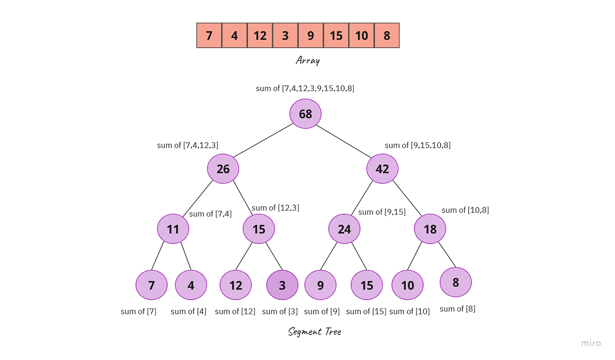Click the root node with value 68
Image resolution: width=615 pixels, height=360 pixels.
pyautogui.click(x=306, y=114)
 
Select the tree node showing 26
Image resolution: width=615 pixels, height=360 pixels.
pyautogui.click(x=223, y=169)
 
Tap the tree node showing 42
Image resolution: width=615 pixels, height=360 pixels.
pyautogui.click(x=382, y=169)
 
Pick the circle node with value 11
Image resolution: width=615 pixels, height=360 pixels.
pyautogui.click(x=173, y=229)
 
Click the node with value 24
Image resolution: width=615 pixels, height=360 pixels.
pyautogui.click(x=344, y=229)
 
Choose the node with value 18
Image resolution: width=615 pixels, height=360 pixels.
pyautogui.click(x=430, y=229)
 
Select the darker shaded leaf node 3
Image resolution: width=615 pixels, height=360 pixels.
pyautogui.click(x=282, y=285)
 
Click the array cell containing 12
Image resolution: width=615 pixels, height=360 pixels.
pyautogui.click(x=260, y=36)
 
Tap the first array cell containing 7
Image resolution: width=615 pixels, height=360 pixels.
pyautogui.click(x=209, y=36)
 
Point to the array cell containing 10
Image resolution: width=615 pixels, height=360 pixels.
pyautogui.click(x=361, y=36)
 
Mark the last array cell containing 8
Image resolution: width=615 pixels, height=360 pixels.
pyautogui.click(x=387, y=36)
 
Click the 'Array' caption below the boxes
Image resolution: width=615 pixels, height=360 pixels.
pyautogui.click(x=307, y=60)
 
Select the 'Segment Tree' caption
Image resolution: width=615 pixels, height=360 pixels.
pyautogui.click(x=315, y=332)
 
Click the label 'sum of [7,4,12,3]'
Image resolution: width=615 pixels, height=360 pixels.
pyautogui.click(x=188, y=145)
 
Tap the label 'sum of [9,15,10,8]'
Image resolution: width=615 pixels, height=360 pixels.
pyautogui.click(x=418, y=145)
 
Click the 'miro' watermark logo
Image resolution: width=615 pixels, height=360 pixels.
pyautogui.click(x=591, y=343)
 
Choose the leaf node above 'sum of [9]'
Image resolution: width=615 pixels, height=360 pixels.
pyautogui.click(x=320, y=285)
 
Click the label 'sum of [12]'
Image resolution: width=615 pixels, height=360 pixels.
pyautogui.click(x=235, y=312)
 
